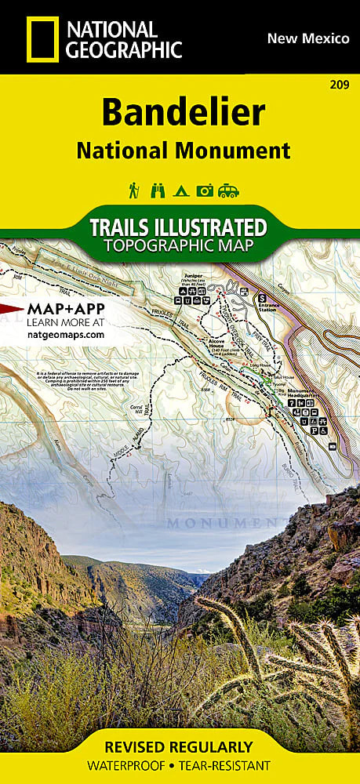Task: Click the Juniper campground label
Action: click(191, 276)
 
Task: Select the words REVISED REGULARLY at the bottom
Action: click(180, 747)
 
